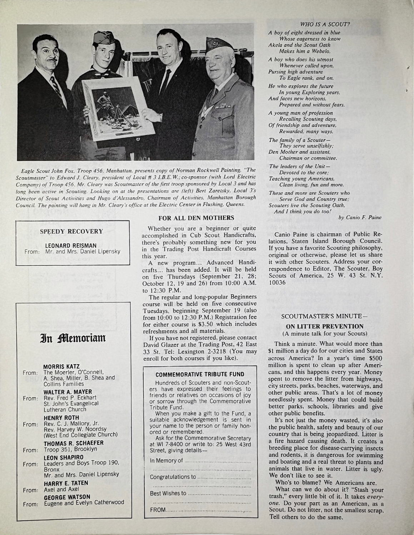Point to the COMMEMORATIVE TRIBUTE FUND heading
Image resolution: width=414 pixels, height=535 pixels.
click(x=200, y=374)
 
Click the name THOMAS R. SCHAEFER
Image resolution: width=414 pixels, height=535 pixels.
click(x=74, y=443)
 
